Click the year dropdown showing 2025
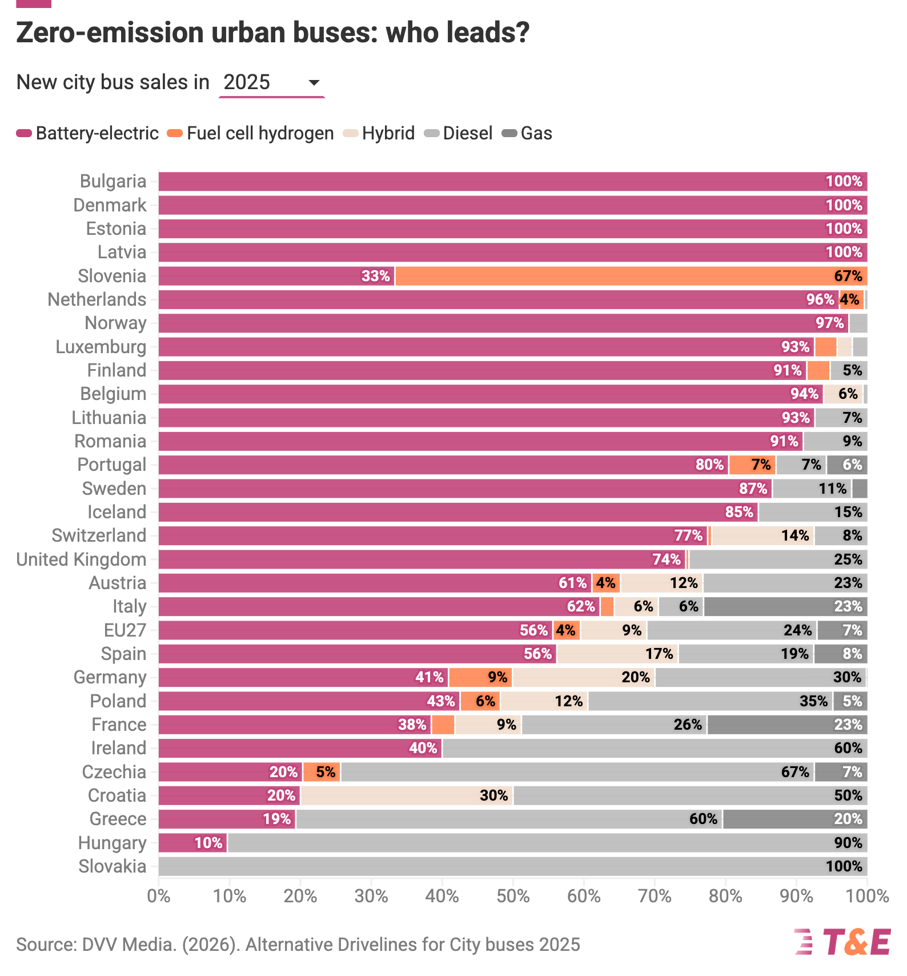[271, 83]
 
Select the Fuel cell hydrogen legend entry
[251, 134]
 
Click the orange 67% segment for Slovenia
[631, 276]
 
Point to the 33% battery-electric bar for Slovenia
[276, 276]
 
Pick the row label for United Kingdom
[81, 559]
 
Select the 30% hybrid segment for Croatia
[407, 795]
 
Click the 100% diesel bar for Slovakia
[512, 866]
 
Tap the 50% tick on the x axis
[513, 895]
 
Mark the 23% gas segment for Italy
[785, 606]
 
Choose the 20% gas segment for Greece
[795, 819]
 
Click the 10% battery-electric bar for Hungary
[192, 843]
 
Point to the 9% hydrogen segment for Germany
[480, 677]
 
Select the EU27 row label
[125, 630]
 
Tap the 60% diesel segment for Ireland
[655, 748]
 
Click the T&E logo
[842, 942]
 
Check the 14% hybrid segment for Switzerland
[762, 535]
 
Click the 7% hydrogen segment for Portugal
[752, 465]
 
